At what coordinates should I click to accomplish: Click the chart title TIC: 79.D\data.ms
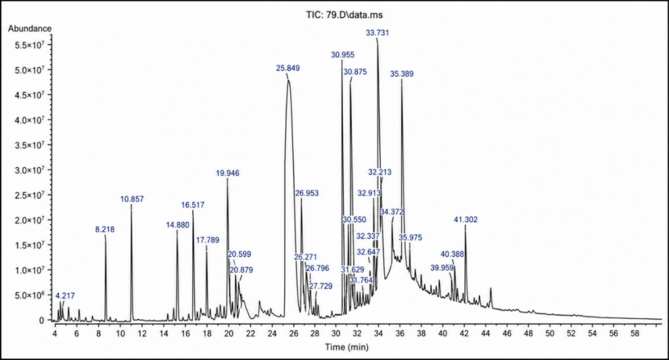tap(345, 14)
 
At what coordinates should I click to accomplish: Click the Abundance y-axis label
tap(30, 28)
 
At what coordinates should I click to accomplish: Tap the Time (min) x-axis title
tap(347, 347)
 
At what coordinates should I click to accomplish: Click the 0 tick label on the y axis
tap(41, 320)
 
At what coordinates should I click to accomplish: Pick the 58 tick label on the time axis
tap(635, 333)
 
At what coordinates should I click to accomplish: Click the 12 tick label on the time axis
tap(142, 333)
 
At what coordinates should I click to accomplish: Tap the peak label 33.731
tap(377, 32)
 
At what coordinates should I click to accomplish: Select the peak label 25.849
tap(288, 68)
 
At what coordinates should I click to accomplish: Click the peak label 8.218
tap(105, 229)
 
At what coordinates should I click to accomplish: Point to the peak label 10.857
tap(132, 199)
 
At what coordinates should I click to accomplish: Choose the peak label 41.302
tap(466, 220)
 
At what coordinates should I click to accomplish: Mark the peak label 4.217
tap(65, 296)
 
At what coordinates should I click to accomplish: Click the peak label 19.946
tap(227, 173)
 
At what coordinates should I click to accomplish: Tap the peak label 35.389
tap(402, 74)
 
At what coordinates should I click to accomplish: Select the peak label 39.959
tap(442, 267)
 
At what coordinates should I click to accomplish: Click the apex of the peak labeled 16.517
tap(193, 211)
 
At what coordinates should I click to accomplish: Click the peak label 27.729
tap(321, 286)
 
